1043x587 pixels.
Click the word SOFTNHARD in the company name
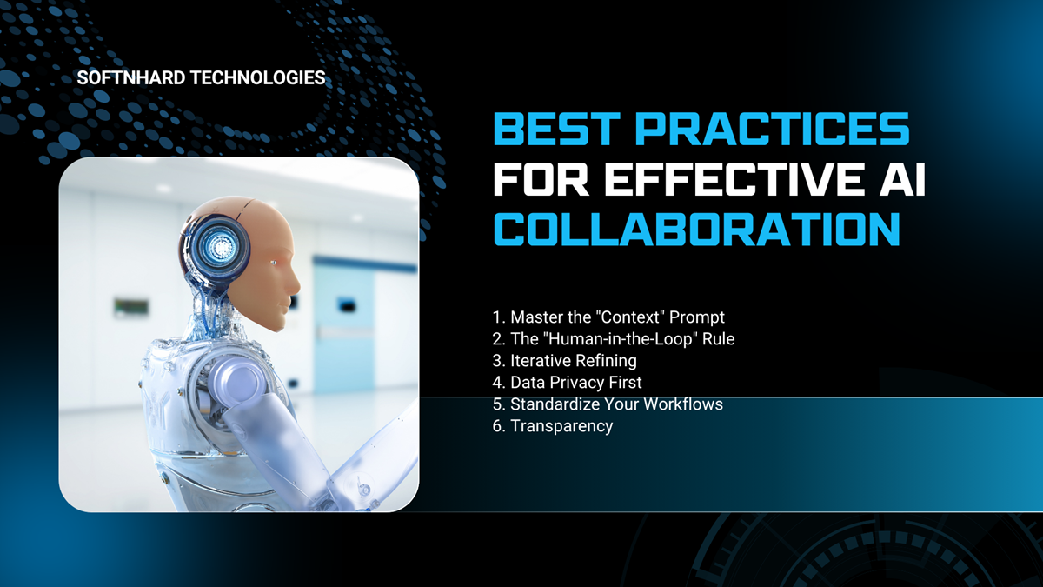coord(131,77)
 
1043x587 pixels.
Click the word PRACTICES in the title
coord(773,129)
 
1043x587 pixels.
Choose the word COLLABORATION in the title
coord(696,230)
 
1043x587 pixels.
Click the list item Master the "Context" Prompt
coord(608,317)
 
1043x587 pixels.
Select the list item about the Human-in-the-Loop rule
coord(614,338)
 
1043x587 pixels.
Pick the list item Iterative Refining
coord(564,361)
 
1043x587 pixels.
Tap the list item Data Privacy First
coord(567,383)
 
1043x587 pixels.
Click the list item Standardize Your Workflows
coord(608,404)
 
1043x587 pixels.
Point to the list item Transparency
coord(552,426)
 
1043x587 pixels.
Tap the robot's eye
coord(274,263)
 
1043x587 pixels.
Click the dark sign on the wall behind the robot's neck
coord(132,307)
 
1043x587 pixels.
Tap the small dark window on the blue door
coord(347,305)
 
